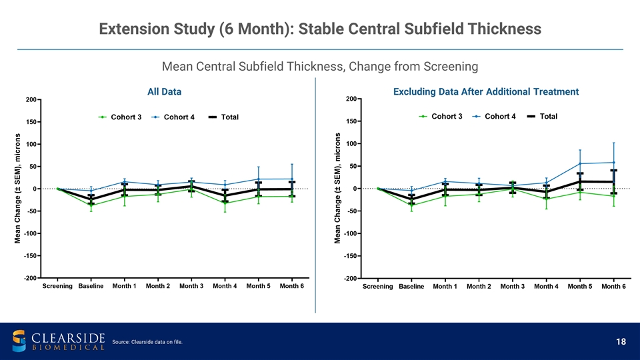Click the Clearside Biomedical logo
point(59,340)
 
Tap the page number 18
point(621,342)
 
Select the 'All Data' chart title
point(163,91)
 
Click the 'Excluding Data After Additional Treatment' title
point(486,91)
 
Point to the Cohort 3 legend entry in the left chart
point(119,117)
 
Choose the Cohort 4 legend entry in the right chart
point(494,117)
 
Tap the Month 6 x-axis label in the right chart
point(613,287)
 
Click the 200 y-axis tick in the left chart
point(31,100)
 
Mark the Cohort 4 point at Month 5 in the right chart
point(580,163)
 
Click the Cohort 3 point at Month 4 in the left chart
point(225,203)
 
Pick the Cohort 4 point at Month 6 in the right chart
point(613,163)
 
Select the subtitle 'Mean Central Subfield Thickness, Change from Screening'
point(320,66)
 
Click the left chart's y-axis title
point(19,189)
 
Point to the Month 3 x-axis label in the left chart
point(191,286)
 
